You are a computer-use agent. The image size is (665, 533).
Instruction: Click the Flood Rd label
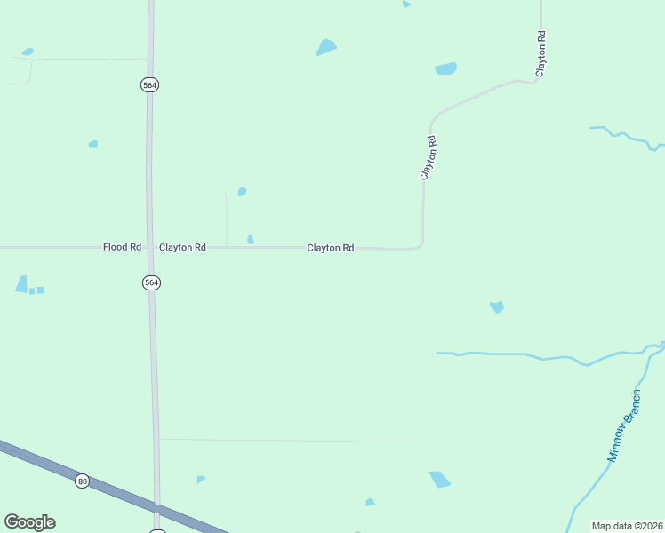[123, 247]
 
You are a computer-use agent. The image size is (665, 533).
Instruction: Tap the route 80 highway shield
[83, 481]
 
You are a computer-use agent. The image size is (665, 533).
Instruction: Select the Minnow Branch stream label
[624, 426]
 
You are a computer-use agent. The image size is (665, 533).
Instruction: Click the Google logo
[29, 522]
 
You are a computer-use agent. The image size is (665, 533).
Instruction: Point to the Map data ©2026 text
[627, 526]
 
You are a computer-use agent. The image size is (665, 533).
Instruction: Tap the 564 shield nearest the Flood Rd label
[151, 282]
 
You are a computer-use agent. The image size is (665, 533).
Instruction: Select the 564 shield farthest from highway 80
[149, 84]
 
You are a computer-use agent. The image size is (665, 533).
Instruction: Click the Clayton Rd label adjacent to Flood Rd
[182, 247]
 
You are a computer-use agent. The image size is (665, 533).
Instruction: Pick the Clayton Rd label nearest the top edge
[540, 52]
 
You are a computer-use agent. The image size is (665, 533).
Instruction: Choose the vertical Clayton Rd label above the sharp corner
[429, 158]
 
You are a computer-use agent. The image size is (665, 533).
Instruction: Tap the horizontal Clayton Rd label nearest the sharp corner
[331, 248]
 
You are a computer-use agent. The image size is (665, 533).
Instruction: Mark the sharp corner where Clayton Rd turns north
[421, 246]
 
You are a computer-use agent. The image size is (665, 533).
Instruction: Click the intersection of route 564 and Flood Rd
[151, 247]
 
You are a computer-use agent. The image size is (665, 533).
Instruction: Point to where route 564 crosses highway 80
[157, 507]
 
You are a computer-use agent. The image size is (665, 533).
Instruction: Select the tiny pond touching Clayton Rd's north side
[250, 239]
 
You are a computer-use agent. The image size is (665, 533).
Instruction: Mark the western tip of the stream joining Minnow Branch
[437, 353]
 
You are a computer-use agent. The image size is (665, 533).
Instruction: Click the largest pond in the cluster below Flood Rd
[21, 284]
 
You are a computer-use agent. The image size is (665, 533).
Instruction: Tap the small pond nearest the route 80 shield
[200, 480]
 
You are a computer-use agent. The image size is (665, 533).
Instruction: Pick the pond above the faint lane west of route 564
[28, 52]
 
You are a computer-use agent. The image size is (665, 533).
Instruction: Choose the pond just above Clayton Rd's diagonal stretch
[445, 68]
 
